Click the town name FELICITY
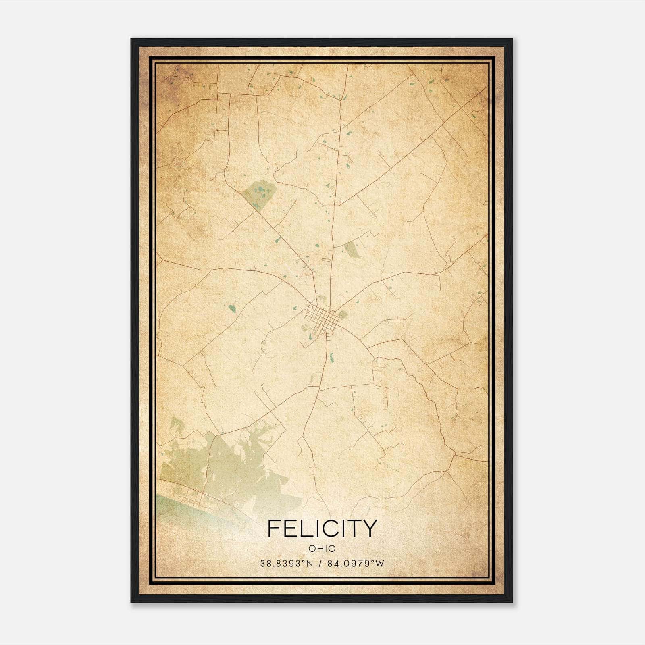click(322, 528)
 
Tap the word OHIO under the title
click(322, 549)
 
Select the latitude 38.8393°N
click(286, 564)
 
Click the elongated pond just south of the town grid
click(331, 357)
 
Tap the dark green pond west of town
click(232, 309)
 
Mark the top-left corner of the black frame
click(132, 40)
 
